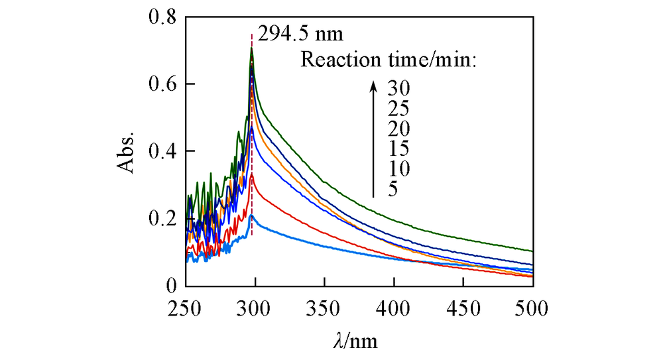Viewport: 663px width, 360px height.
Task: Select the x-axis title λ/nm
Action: (355, 342)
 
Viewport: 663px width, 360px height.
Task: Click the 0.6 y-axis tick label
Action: (162, 84)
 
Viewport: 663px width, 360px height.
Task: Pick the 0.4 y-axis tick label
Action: (162, 151)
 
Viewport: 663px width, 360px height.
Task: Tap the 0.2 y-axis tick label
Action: (162, 219)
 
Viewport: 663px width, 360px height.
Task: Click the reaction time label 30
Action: (399, 88)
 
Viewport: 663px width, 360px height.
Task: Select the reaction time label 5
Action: (393, 190)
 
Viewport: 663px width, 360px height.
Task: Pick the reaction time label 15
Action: (399, 149)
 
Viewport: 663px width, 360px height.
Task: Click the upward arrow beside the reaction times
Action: (374, 139)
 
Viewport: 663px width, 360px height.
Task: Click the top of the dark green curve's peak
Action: (251, 48)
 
